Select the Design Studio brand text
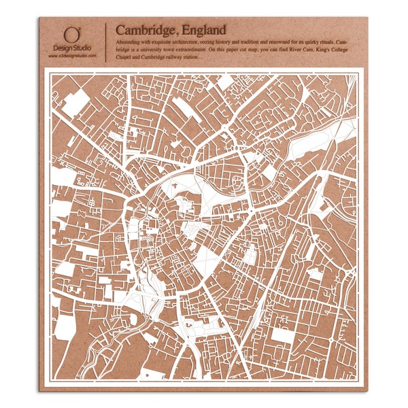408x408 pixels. point(72,48)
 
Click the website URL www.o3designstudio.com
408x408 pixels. point(72,56)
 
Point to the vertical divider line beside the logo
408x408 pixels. point(105,42)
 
